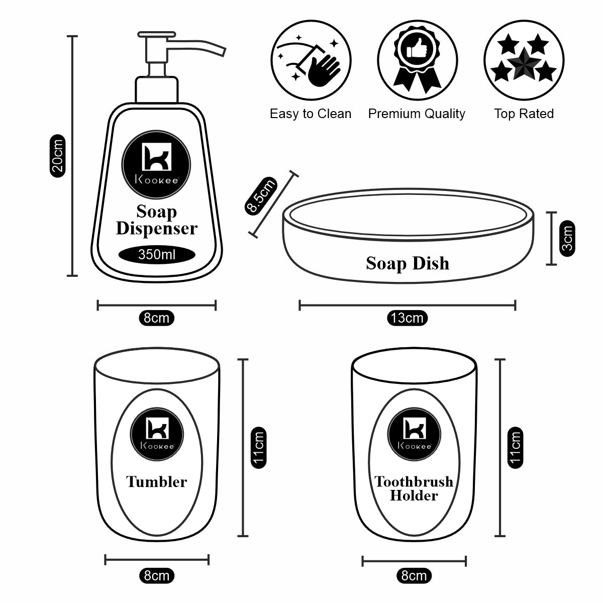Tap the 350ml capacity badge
point(157,255)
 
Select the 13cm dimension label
point(407,318)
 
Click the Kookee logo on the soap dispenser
point(157,163)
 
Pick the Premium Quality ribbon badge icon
point(417,60)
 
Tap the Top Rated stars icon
point(523,60)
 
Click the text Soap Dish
point(407,263)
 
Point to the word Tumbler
point(156,482)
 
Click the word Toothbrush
point(414,482)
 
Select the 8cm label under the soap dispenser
point(156,318)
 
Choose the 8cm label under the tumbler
point(156,575)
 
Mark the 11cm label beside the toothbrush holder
point(515,447)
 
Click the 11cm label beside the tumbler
point(258,447)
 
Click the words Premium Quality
point(417,114)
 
